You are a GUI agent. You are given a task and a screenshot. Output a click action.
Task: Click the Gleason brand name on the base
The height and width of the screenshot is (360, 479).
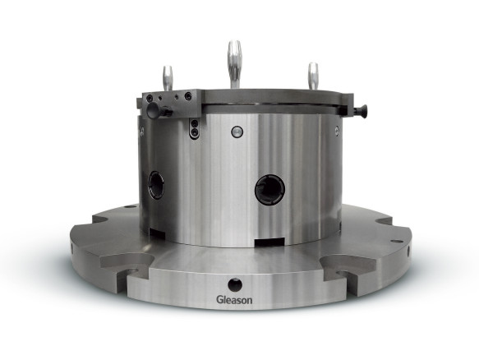[x=234, y=300]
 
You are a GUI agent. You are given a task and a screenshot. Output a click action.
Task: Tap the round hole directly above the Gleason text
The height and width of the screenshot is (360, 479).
[x=235, y=285]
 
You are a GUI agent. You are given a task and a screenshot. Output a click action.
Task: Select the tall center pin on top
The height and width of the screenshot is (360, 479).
[x=234, y=65]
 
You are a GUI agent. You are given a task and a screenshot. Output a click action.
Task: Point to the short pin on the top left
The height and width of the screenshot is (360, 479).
[x=168, y=78]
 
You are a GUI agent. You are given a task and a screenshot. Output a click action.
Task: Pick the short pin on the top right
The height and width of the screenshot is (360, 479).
[x=313, y=76]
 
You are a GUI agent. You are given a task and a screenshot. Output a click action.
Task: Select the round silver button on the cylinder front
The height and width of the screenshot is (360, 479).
[x=237, y=132]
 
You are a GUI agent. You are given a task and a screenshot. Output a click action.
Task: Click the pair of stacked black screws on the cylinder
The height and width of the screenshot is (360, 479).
[x=194, y=127]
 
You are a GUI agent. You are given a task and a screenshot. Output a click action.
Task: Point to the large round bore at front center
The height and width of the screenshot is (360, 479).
[x=269, y=189]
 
